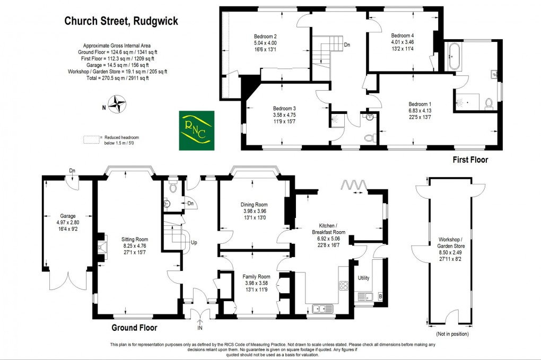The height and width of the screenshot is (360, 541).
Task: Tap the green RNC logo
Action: click(196, 130)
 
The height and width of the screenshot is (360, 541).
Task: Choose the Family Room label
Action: click(256, 277)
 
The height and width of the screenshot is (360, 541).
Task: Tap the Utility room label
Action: click(363, 278)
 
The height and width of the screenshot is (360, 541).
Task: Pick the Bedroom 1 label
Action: click(420, 104)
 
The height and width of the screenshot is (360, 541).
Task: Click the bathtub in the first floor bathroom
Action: click(455, 57)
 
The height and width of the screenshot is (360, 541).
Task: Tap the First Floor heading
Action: click(470, 160)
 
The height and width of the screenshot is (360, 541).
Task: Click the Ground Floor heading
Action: click(134, 328)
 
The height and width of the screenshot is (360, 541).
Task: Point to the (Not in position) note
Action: click(451, 334)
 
